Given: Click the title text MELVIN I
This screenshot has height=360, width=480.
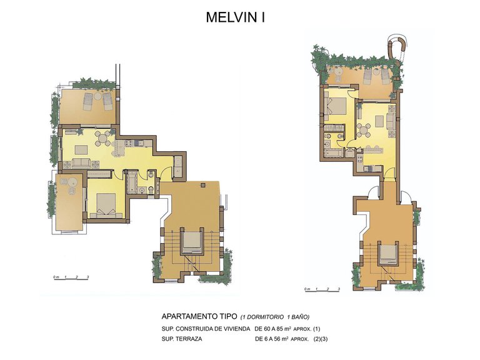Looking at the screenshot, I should click(236, 18).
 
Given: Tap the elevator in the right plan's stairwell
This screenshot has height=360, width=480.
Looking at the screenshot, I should click(387, 253).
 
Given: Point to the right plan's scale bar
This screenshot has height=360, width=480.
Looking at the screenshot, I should click(322, 290).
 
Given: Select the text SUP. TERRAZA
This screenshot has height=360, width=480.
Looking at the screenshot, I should click(184, 339).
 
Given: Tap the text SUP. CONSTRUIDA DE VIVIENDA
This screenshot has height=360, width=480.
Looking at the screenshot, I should click(206, 328).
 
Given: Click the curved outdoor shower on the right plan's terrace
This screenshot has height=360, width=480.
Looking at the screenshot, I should click(399, 48).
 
